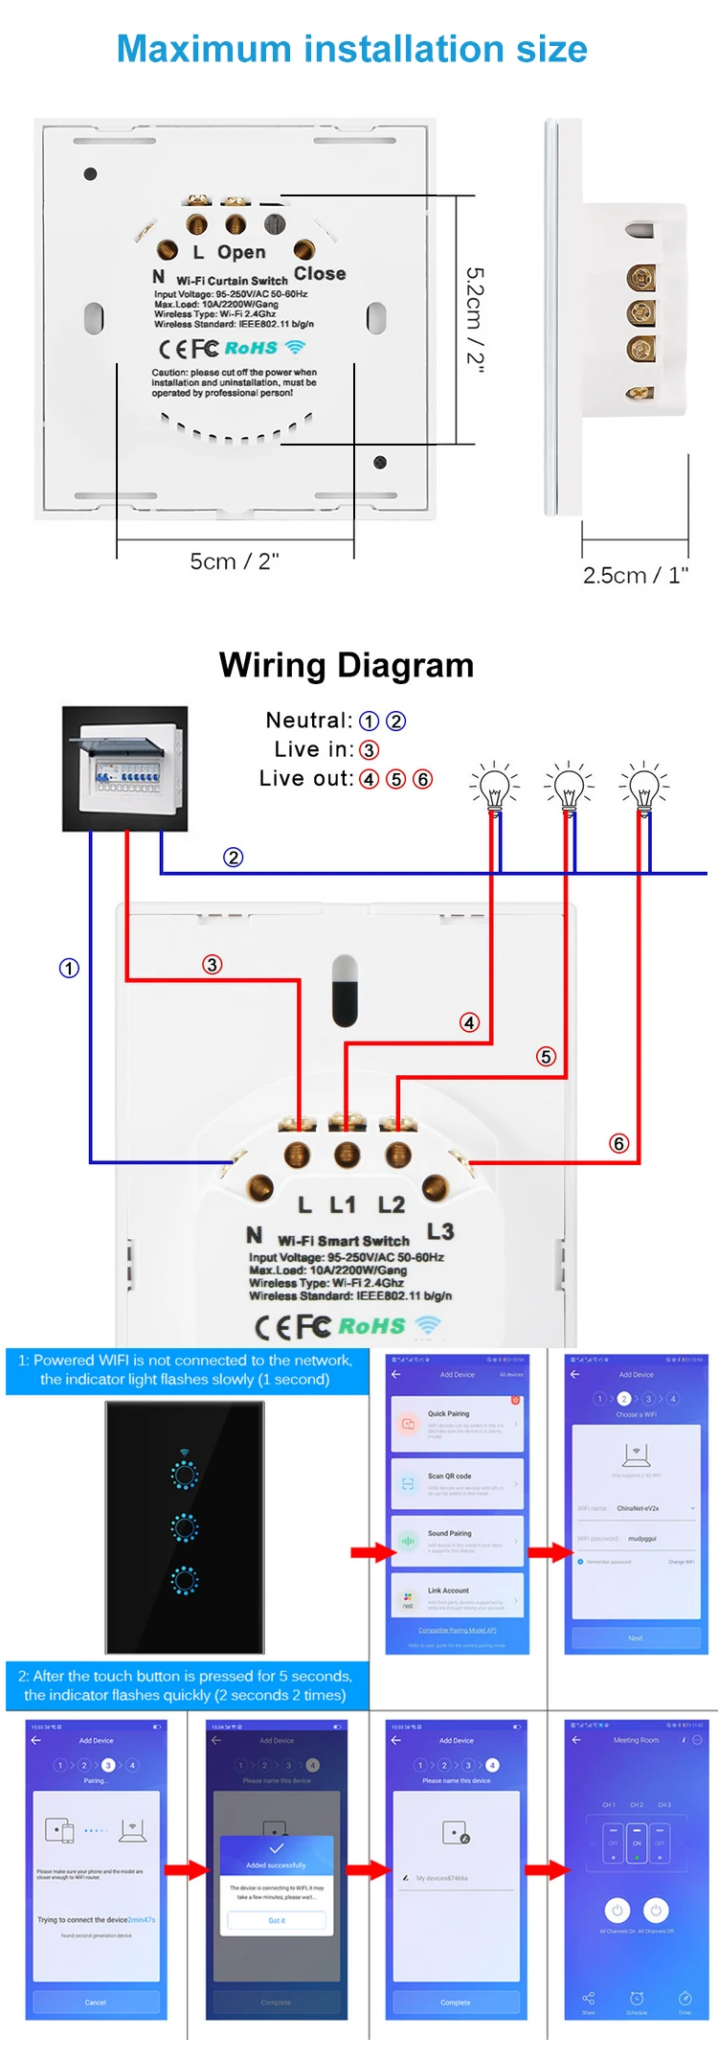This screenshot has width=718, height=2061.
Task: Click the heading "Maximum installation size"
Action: pyautogui.click(x=351, y=49)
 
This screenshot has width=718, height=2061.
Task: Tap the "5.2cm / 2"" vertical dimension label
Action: pyautogui.click(x=475, y=320)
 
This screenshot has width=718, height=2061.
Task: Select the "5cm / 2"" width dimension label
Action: pyautogui.click(x=235, y=561)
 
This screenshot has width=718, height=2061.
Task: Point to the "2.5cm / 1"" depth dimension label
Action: pyautogui.click(x=636, y=575)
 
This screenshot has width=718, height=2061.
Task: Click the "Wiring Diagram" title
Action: pyautogui.click(x=347, y=665)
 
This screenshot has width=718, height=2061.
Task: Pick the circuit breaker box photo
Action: pyautogui.click(x=124, y=768)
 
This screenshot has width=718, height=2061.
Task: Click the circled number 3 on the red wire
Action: pyautogui.click(x=213, y=964)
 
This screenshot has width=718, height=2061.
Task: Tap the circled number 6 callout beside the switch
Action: pyautogui.click(x=619, y=1143)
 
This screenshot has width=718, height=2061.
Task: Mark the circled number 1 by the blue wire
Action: pyautogui.click(x=69, y=968)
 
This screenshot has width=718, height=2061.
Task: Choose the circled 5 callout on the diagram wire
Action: pyautogui.click(x=546, y=1056)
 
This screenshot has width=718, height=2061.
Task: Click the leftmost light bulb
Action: pyautogui.click(x=494, y=789)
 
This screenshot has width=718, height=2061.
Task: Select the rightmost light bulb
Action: pyautogui.click(x=644, y=789)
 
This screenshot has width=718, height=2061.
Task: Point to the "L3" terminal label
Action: pyautogui.click(x=440, y=1231)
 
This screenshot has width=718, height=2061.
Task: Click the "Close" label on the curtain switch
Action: pyautogui.click(x=320, y=273)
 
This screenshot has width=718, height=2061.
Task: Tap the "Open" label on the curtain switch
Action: pyautogui.click(x=241, y=252)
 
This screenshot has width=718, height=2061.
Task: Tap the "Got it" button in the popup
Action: pyautogui.click(x=277, y=1920)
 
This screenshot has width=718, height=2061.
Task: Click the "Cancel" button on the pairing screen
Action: pyautogui.click(x=96, y=2002)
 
